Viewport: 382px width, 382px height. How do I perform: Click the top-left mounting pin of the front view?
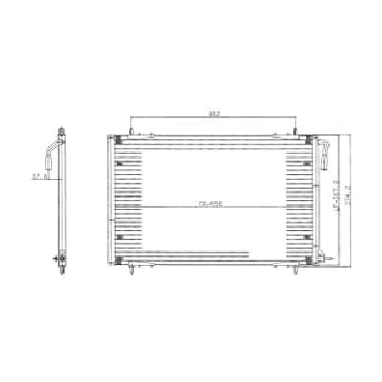coord(131,131)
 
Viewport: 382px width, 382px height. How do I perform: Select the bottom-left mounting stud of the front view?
coord(132,270)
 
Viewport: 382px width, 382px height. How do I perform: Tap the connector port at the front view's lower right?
coord(321,257)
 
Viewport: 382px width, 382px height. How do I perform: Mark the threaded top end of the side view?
coord(62,131)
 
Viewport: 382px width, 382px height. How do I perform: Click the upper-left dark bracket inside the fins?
coord(120,163)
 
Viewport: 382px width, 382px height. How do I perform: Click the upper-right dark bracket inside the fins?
coord(307,163)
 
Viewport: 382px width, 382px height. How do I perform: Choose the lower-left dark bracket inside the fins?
coord(120,237)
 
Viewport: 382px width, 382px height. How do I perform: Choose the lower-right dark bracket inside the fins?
coord(307,237)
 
